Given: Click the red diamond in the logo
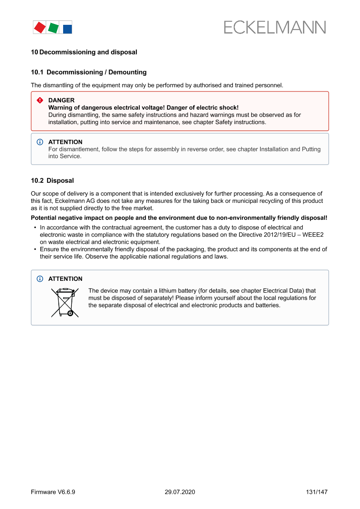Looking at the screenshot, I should [40, 27].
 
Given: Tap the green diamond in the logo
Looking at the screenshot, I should [53, 28].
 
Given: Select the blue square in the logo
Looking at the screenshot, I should [67, 29].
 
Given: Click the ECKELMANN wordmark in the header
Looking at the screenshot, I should [275, 27].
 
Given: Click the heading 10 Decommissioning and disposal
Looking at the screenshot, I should [84, 52].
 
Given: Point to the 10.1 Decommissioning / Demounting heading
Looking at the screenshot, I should [89, 72].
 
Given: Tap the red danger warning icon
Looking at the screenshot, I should [40, 100].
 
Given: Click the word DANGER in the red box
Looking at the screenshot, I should [61, 100].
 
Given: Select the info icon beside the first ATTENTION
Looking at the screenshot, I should [40, 142].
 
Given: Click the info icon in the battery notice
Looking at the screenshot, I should [40, 279].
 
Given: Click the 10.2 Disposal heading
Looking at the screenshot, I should [52, 180].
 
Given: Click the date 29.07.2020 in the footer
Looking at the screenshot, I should [180, 492].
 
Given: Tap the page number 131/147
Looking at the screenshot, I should [316, 492].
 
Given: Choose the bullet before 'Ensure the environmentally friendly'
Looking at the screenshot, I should [35, 249].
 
